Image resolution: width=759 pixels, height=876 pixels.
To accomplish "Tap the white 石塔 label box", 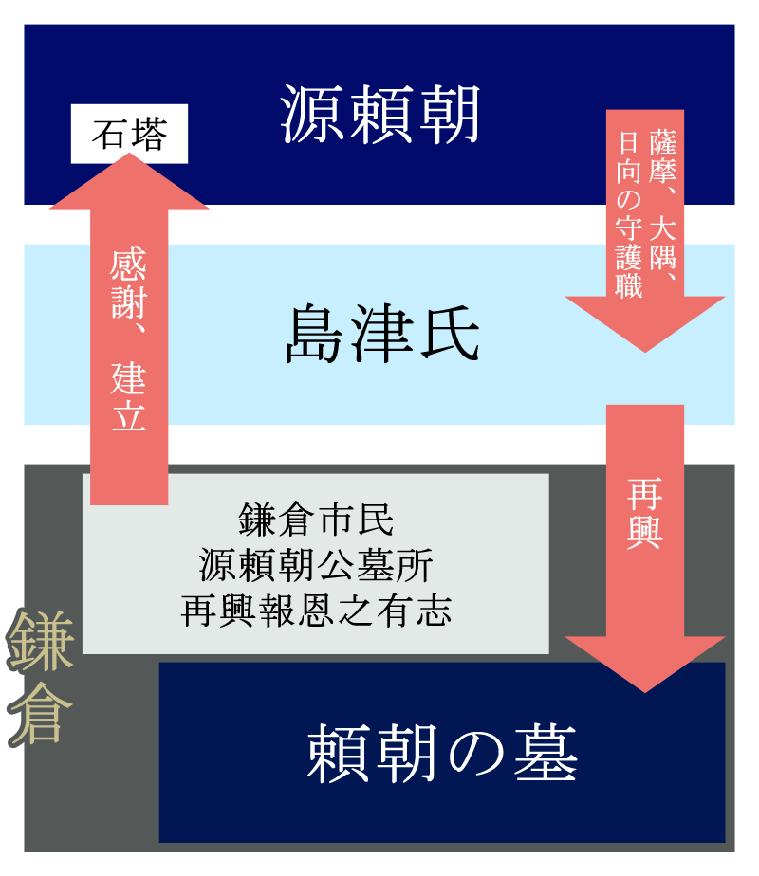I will click(x=129, y=136).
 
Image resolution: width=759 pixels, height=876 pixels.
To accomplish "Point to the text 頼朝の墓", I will click(x=442, y=754).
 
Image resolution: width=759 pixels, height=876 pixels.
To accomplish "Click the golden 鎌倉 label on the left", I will click(x=40, y=678).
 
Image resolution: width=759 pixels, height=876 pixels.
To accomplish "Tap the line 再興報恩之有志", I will click(x=316, y=611).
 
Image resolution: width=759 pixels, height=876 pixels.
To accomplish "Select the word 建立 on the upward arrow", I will click(x=129, y=397).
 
